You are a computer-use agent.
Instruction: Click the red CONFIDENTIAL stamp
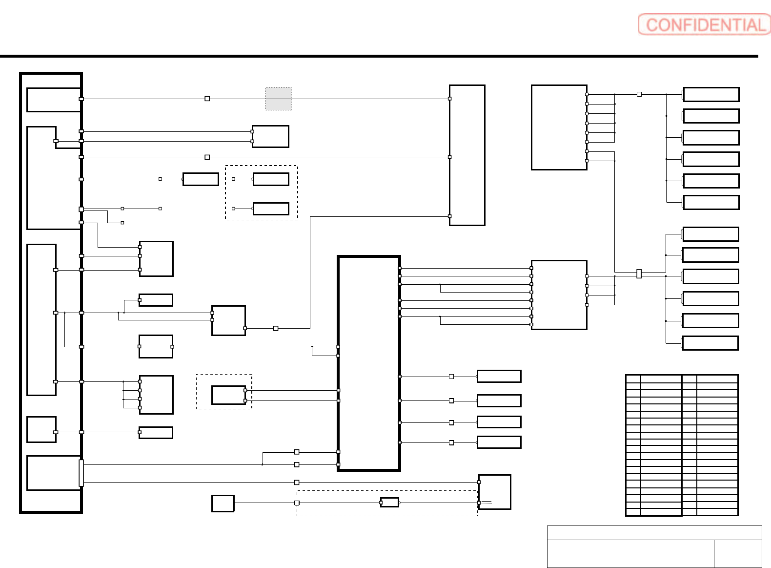coord(704,24)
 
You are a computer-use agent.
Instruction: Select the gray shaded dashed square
coord(278,99)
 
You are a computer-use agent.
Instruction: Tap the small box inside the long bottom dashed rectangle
coord(389,502)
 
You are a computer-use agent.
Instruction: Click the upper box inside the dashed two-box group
coord(271,179)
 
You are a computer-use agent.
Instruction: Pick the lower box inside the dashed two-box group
coord(271,209)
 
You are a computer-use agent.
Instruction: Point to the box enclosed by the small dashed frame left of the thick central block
coord(228,395)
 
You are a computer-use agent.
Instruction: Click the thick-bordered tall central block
coord(369,363)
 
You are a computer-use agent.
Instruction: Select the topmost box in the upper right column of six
coord(711,94)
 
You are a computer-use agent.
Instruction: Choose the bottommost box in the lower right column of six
coord(710,343)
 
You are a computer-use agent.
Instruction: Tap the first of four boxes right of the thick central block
coord(499,376)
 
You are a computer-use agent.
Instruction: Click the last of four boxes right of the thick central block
coord(499,442)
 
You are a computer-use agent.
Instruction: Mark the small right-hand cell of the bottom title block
coord(737,553)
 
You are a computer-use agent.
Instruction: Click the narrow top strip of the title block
coord(654,532)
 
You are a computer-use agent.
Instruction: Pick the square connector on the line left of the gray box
coord(207,99)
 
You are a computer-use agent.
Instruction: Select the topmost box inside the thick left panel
coord(54,100)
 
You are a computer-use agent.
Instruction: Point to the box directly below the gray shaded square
coord(270,136)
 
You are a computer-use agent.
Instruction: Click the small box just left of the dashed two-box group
coord(201,179)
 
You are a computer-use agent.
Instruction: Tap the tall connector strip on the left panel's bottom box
coord(81,473)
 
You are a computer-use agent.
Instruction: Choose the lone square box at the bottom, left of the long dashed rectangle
coord(223,503)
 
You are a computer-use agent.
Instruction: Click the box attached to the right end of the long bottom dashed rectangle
coord(494,492)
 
